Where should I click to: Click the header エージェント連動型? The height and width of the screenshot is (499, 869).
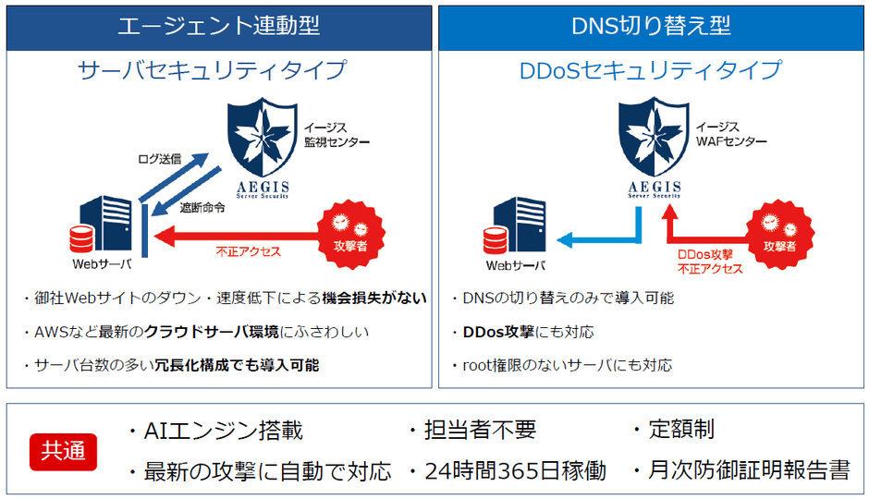click(x=218, y=26)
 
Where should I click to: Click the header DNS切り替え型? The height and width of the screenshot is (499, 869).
click(x=651, y=26)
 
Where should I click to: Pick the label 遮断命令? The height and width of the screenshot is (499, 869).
click(x=202, y=207)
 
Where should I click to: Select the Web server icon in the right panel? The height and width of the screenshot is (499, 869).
click(x=518, y=226)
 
